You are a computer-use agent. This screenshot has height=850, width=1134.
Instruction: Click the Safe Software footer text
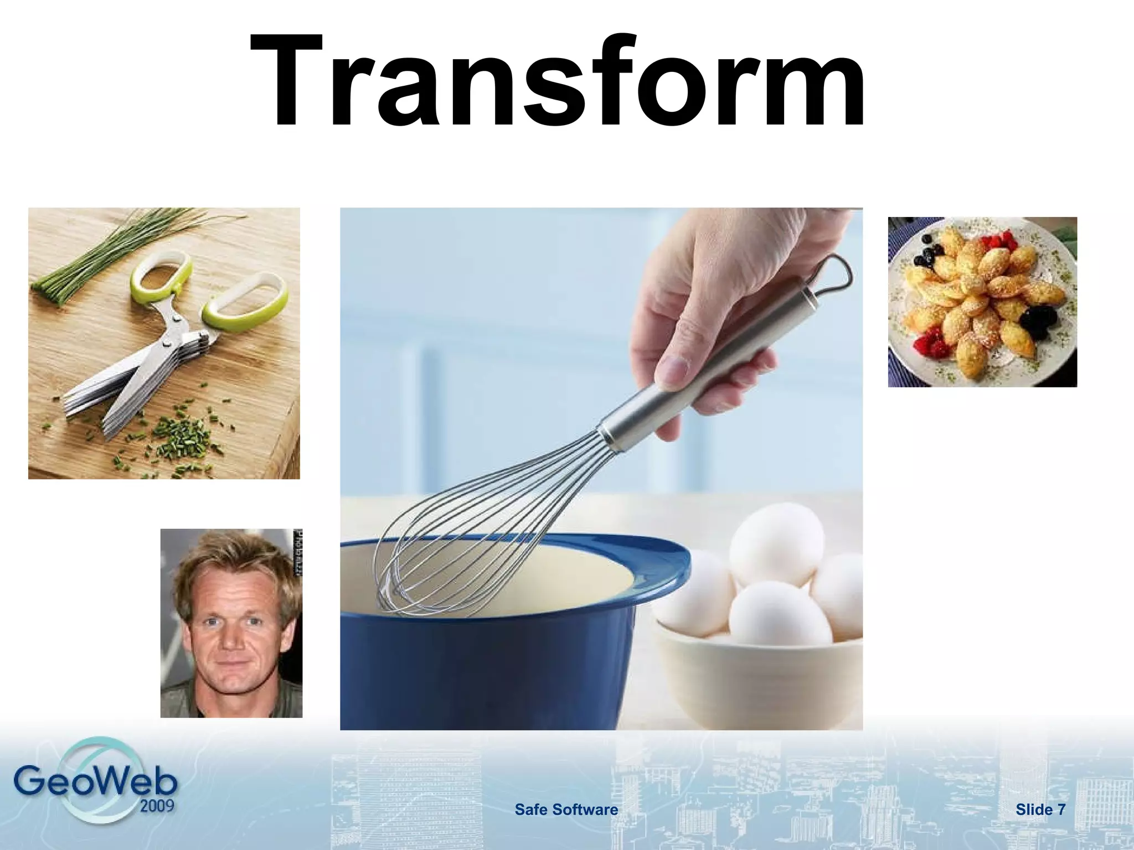566,810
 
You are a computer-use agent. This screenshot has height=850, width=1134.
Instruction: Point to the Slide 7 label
1040,810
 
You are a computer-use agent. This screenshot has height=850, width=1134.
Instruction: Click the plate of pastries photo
982,302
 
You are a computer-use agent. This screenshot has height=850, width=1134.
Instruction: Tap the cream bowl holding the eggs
759,686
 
